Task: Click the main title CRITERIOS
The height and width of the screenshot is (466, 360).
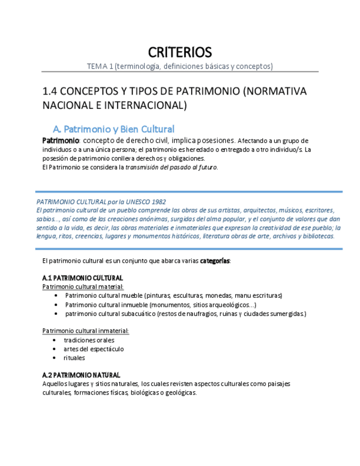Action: (180, 53)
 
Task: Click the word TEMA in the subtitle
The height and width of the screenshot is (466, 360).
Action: (97, 66)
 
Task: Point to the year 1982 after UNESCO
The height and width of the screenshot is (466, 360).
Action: (157, 202)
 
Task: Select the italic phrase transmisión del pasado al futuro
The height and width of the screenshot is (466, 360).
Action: (171, 167)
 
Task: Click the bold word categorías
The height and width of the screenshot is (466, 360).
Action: (215, 260)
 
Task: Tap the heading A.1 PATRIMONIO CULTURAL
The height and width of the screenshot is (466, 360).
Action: (82, 278)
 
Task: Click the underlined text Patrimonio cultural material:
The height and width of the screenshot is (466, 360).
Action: (83, 287)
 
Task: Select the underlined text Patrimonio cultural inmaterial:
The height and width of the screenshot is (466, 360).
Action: (86, 331)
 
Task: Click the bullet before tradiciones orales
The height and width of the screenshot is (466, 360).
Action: (54, 340)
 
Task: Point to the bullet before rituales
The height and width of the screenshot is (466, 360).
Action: (54, 358)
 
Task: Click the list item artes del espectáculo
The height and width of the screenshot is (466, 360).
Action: (93, 349)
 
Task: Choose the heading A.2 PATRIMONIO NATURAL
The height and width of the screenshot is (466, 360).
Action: (81, 375)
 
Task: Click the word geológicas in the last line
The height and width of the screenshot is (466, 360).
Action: (179, 393)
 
